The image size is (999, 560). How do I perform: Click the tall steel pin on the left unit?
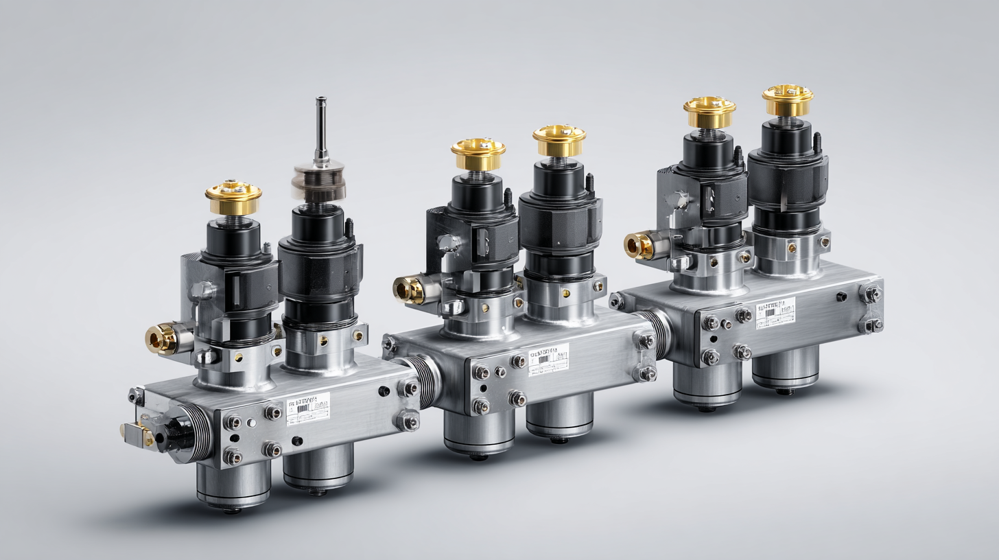pos(320,130)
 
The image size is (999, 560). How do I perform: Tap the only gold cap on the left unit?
pos(233,198)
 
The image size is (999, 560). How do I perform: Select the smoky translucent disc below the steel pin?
pos(319,179)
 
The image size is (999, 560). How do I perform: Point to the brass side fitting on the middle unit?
pos(410,290)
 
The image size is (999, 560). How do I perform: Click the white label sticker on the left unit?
pos(308,409)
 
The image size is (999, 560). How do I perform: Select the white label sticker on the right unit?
pos(775,313)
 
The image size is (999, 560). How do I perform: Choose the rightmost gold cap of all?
pos(787,100)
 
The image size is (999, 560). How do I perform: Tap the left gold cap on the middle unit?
pos(478,154)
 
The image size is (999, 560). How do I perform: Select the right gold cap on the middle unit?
pos(559,140)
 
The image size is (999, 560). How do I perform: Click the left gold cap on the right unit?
pos(709,112)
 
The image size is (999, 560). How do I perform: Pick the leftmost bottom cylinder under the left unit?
pos(233,484)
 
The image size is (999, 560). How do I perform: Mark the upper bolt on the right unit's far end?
pos(871,294)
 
